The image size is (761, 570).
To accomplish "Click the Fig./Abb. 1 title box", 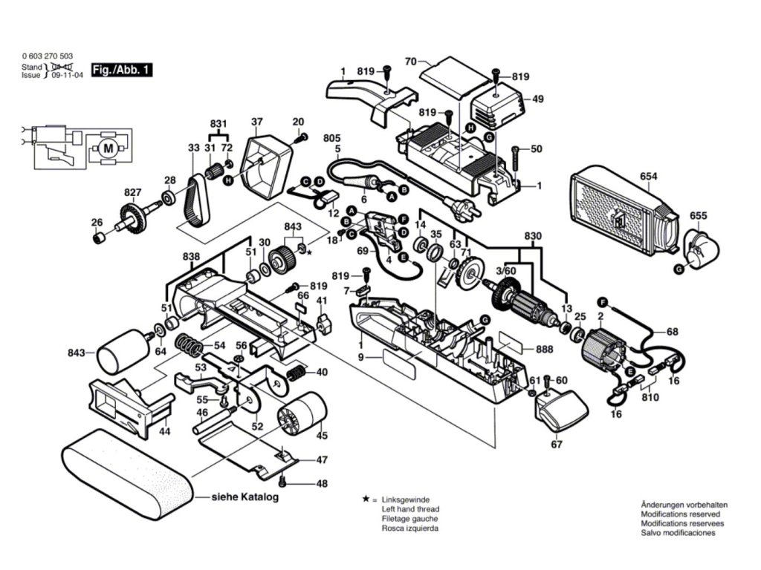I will pos(121,70).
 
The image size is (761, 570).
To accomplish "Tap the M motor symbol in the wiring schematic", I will pos(109,148).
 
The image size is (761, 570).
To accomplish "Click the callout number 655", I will pos(698,217).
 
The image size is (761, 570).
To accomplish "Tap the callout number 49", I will pos(538,99).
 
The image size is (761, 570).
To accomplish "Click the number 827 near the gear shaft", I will pos(132,192).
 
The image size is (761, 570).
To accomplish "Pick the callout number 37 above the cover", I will pos(257,122).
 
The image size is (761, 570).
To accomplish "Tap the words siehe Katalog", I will pos(245,497).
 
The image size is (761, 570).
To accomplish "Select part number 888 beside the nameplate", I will pos(544,349).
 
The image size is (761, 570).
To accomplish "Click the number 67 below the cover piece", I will pos(557,445).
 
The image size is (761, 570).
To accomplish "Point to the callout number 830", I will pos(532,237).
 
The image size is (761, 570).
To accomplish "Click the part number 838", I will pos(190,256).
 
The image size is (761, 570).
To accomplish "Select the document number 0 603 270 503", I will pos(48,56).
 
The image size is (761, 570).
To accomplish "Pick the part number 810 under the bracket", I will pos(650,399).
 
